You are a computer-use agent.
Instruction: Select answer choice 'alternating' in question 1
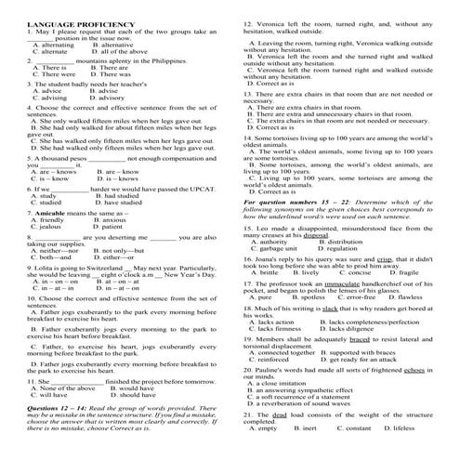(x=54, y=45)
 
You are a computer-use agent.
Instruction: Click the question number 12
(x=247, y=21)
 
